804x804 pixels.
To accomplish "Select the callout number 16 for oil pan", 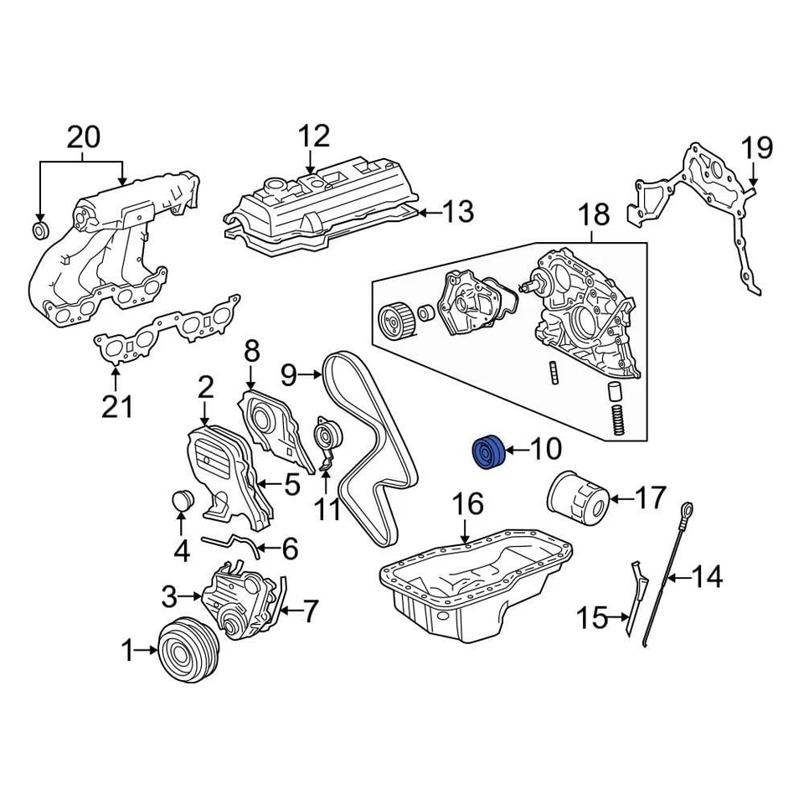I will (x=468, y=504).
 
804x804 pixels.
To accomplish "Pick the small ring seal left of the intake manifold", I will (x=40, y=229).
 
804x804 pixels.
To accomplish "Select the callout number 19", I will (x=756, y=149).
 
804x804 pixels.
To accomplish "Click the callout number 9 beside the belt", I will (x=289, y=375).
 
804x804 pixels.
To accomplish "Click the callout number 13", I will (x=457, y=212).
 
